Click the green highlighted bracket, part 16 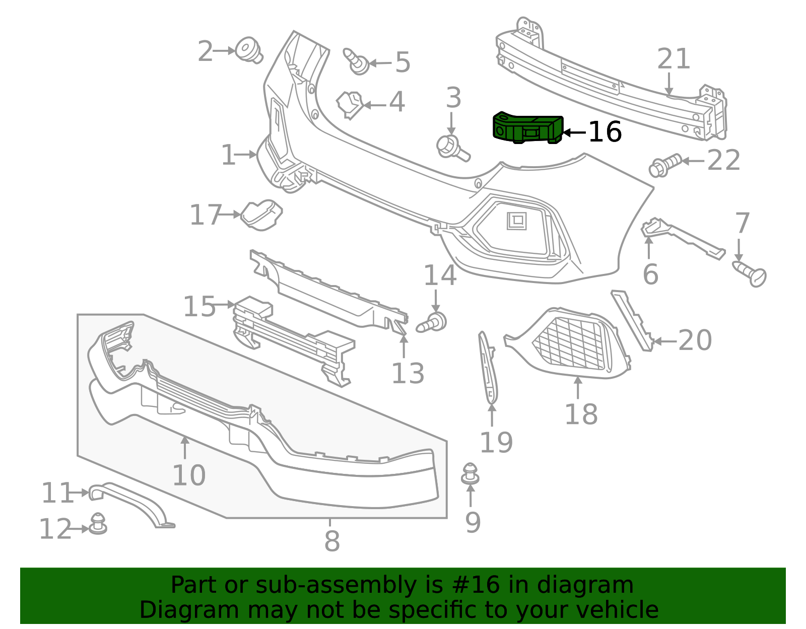coord(527,127)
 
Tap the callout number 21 coord(673,59)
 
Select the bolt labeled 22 coord(665,165)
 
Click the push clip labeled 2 coord(249,50)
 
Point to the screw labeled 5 coord(356,61)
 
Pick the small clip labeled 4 coord(350,105)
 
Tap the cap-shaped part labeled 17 coord(261,215)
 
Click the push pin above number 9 coord(470,473)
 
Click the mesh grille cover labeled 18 coord(568,343)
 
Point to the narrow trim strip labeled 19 coord(489,367)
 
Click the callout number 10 coord(189,475)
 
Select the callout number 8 coord(332,541)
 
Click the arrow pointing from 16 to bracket coord(574,132)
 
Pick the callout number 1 coord(228,155)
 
